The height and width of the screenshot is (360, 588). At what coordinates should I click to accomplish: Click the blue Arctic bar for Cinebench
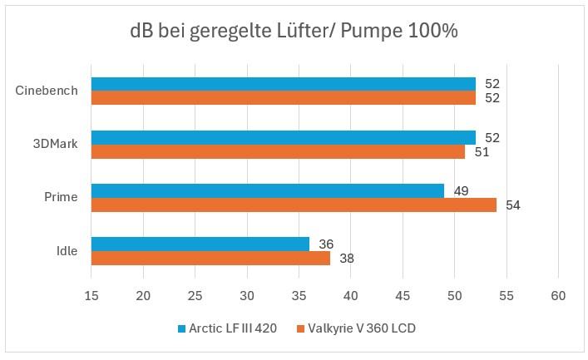pos(283,84)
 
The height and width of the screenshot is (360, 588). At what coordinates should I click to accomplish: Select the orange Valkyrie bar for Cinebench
pos(283,98)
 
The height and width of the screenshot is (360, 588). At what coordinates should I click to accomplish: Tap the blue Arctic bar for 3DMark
pos(283,137)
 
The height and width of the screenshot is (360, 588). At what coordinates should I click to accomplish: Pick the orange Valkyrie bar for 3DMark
pos(278,151)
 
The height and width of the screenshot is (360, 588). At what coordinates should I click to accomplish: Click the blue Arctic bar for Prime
pos(267,190)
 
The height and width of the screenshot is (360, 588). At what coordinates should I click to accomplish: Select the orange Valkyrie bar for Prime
pos(294,205)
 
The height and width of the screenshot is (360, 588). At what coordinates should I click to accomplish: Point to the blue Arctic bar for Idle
pos(200,244)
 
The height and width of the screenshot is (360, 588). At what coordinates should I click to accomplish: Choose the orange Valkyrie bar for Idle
pos(210,258)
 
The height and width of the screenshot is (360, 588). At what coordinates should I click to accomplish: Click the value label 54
pos(512,205)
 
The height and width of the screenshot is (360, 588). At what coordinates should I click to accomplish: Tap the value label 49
pos(461,191)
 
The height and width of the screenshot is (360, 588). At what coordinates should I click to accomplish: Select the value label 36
pos(326,244)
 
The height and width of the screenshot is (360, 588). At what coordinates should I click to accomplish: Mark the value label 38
pos(347,259)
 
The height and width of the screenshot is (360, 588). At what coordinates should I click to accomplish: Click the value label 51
pos(482,152)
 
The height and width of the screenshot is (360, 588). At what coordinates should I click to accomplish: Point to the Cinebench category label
pos(47,91)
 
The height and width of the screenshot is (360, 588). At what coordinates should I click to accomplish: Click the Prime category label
pos(61,197)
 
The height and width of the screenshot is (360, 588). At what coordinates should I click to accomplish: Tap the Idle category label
pos(67,250)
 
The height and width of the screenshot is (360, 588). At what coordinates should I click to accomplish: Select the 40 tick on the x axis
pos(350,296)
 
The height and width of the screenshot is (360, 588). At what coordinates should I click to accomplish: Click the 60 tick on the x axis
pos(558,296)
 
